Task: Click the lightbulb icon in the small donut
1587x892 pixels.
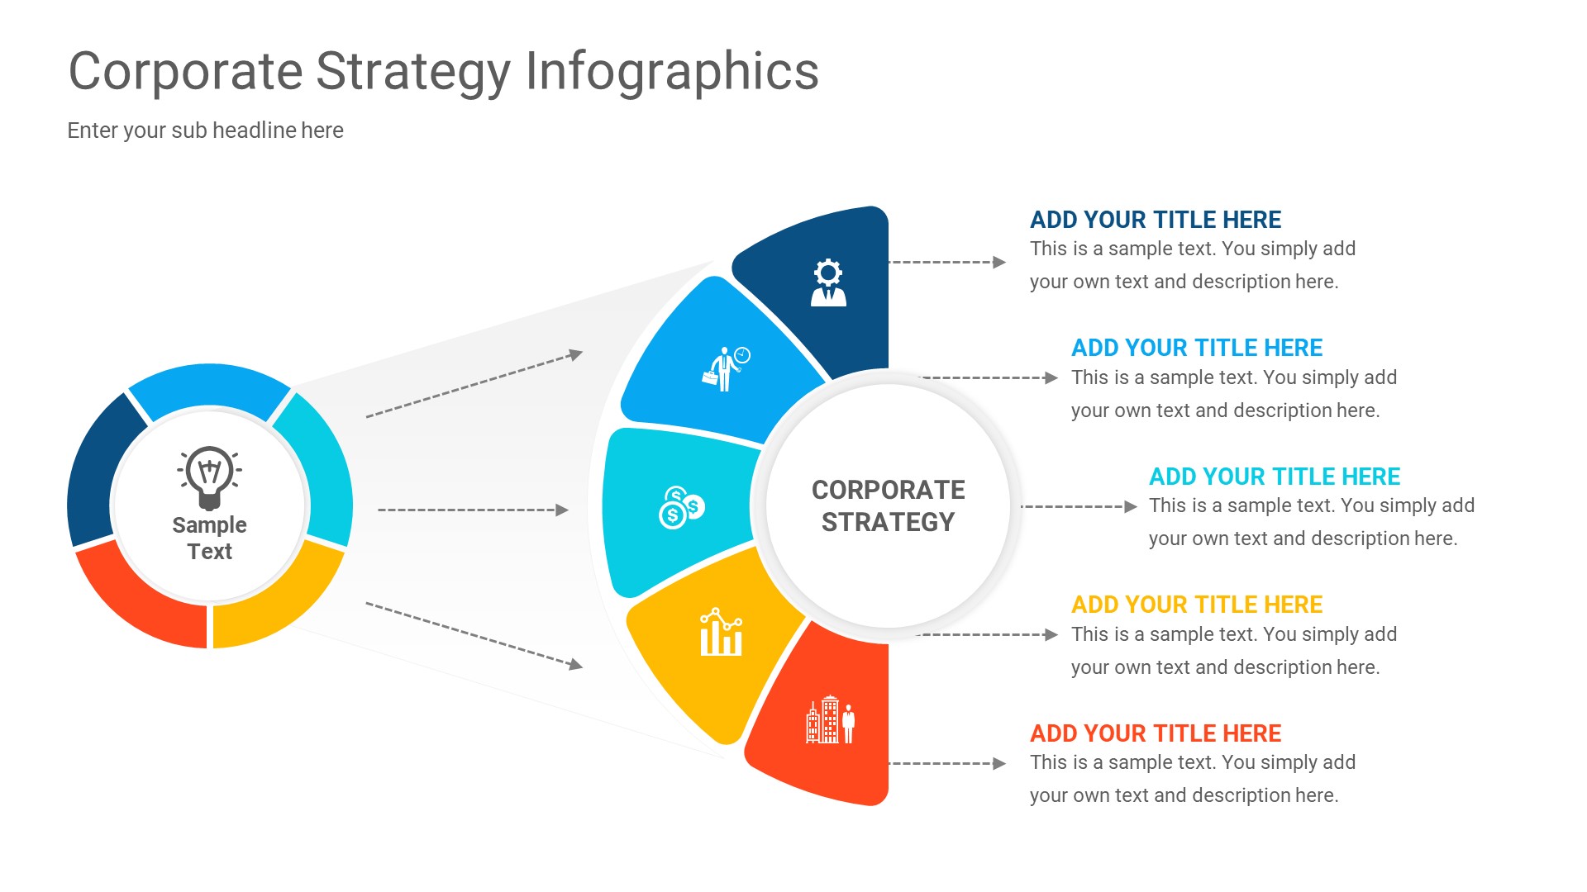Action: pyautogui.click(x=210, y=477)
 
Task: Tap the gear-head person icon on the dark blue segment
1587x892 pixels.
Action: pyautogui.click(x=828, y=283)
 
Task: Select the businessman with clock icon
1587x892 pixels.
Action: pyautogui.click(x=725, y=368)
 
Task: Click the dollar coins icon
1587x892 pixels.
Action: pyautogui.click(x=681, y=507)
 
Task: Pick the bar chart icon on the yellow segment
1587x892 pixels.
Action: pyautogui.click(x=721, y=633)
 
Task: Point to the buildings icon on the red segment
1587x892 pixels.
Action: pyautogui.click(x=830, y=720)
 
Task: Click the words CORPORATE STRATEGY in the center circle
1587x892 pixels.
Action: pyautogui.click(x=888, y=505)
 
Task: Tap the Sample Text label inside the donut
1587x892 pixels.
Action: pyautogui.click(x=210, y=538)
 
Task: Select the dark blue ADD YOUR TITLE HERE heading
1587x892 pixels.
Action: pyautogui.click(x=1155, y=220)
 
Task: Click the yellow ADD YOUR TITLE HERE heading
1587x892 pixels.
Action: pyautogui.click(x=1196, y=605)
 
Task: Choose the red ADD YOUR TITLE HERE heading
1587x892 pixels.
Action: pyautogui.click(x=1155, y=733)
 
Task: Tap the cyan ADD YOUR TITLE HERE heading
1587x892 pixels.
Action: pyautogui.click(x=1274, y=477)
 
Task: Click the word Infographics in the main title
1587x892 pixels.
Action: pyautogui.click(x=671, y=72)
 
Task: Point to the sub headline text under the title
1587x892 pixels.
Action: pyautogui.click(x=205, y=130)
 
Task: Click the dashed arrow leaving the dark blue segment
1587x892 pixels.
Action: pyautogui.click(x=946, y=263)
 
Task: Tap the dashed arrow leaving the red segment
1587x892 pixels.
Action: pyautogui.click(x=946, y=764)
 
